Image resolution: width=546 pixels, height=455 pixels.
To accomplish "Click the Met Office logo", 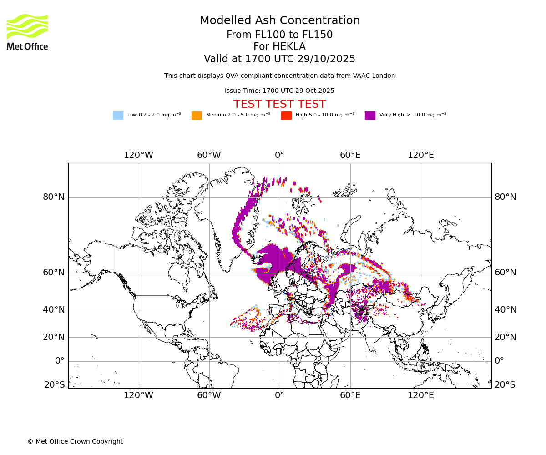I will [27, 32].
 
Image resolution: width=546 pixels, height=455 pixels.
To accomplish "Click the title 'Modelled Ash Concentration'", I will [279, 20].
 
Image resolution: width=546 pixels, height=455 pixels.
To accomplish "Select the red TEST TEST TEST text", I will [279, 104].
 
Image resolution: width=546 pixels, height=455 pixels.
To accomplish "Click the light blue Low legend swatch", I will [118, 115].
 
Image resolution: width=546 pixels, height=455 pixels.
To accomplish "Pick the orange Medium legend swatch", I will [197, 115].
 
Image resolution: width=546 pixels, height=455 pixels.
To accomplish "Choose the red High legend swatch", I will [286, 115].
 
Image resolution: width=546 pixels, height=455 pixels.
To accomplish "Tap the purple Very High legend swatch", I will [370, 115].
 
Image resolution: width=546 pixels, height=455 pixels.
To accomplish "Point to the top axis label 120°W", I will [138, 155].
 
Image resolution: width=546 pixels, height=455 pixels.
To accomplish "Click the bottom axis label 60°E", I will [350, 395].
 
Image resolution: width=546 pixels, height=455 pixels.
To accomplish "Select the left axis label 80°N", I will [54, 197].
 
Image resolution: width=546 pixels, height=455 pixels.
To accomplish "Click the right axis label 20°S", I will [505, 385].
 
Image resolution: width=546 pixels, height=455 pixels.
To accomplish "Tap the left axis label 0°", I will [60, 361].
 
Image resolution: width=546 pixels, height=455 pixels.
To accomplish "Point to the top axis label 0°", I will [279, 155].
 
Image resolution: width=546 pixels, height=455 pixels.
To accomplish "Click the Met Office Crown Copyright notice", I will [75, 441].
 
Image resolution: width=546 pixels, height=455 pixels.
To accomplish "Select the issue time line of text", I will [279, 91].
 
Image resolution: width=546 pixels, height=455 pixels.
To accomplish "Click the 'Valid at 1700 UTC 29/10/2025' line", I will [279, 59].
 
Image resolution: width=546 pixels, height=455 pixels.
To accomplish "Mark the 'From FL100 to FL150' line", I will [279, 35].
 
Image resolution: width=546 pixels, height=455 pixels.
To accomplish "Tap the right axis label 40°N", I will [506, 310].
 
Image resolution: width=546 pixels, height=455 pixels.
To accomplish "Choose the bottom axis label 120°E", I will [420, 395].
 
